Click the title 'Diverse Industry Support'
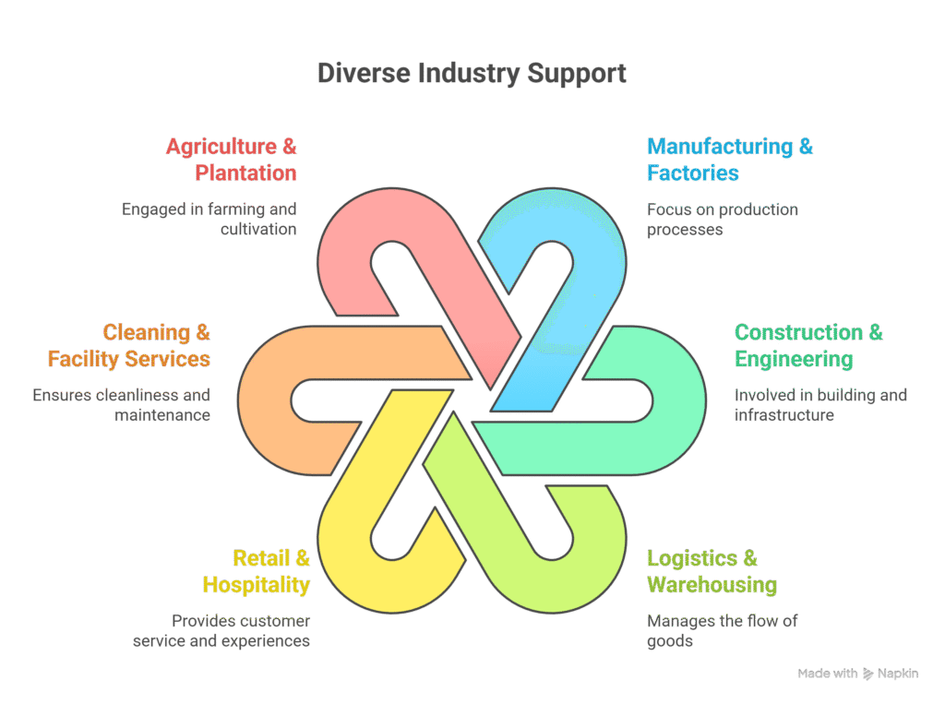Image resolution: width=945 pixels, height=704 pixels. pos(472,73)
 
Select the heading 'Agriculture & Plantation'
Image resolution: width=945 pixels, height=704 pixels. pos(232,160)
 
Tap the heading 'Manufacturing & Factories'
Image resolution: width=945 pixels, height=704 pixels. pos(729,160)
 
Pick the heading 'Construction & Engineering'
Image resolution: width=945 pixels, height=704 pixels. pos(807,345)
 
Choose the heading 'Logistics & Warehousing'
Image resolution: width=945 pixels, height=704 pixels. pos(711,571)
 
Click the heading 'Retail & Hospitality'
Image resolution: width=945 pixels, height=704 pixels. pos(257,571)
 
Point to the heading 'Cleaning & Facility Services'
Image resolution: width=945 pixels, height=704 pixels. pos(129,345)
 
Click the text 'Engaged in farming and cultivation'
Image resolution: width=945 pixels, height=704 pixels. pos(209,219)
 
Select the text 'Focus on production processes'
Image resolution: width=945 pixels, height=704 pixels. pos(722,219)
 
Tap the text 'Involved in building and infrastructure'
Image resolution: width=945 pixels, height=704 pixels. pos(819,405)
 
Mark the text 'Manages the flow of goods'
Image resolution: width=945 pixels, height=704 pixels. pos(722,630)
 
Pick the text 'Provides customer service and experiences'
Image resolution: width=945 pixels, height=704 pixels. pos(221,630)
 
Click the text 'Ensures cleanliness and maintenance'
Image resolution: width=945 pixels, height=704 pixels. pos(122,405)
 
